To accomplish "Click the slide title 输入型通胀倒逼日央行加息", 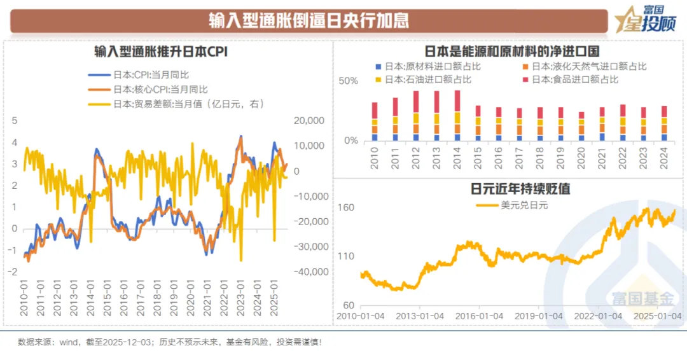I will (309, 20).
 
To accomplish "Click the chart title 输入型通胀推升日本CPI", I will (160, 52).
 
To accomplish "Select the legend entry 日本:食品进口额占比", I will (575, 80).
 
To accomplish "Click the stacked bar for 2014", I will (457, 115).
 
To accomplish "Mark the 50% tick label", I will (348, 81).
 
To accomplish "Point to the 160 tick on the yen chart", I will (346, 208).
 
